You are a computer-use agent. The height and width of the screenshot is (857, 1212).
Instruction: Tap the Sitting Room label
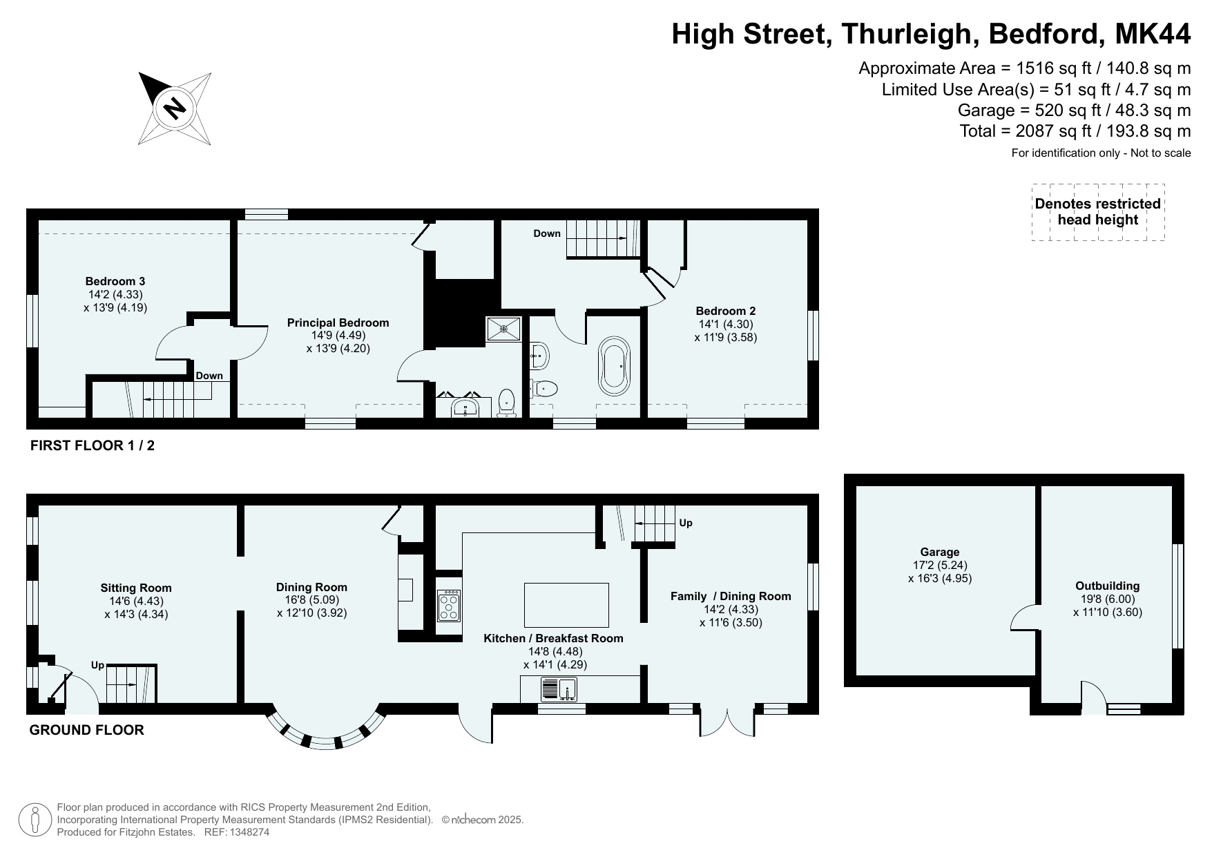pos(136,588)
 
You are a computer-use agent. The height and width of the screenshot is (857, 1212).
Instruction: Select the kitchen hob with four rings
pos(449,606)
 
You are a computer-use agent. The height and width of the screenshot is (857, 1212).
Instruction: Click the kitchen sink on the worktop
pos(559,689)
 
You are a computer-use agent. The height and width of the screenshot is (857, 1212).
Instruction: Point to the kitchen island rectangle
pos(567,604)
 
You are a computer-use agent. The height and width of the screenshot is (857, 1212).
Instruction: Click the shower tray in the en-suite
pos(504,329)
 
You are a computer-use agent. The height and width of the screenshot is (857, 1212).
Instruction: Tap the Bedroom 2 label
pos(725,311)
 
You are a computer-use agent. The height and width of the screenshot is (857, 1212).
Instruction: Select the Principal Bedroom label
pos(338,322)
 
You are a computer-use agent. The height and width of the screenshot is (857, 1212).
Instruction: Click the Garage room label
pos(940,552)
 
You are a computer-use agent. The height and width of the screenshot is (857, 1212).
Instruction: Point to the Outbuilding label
pos(1108,586)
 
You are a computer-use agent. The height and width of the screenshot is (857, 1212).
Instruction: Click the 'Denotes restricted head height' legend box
pos(1098,212)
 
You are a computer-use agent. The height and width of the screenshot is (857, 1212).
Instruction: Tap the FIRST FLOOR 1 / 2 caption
pos(93,445)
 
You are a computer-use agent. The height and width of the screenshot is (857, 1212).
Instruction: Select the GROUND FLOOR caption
pos(87,730)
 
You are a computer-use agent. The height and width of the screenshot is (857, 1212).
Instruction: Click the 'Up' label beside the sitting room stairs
pos(97,666)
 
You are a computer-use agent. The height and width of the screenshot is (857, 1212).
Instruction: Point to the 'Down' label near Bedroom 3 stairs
pos(209,376)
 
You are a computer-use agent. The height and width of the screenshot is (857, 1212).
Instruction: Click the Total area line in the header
pos(1075,131)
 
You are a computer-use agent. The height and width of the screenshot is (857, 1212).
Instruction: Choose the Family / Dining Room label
pos(731,596)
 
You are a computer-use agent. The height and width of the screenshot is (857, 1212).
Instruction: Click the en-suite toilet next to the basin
pos(507,403)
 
